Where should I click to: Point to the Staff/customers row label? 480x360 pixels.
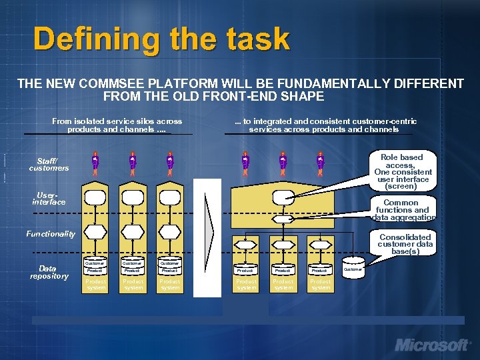[x=48, y=164]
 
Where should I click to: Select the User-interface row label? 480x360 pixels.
[x=49, y=198]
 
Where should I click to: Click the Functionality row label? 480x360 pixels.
[x=51, y=234]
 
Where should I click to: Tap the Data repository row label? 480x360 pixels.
[x=49, y=272]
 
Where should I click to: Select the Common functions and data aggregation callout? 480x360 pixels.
[x=402, y=209]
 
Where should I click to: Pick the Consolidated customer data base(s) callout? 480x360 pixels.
[x=405, y=245]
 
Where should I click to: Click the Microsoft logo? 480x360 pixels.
[x=433, y=345]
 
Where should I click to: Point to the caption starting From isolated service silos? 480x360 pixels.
[x=117, y=125]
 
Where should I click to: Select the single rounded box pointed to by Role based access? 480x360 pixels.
[x=283, y=197]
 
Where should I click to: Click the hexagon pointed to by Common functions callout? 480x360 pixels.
[x=283, y=218]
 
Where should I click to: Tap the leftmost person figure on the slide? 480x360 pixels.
[x=95, y=162]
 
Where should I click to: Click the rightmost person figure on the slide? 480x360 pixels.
[x=321, y=162]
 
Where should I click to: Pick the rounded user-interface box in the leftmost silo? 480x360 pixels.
[x=95, y=197]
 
